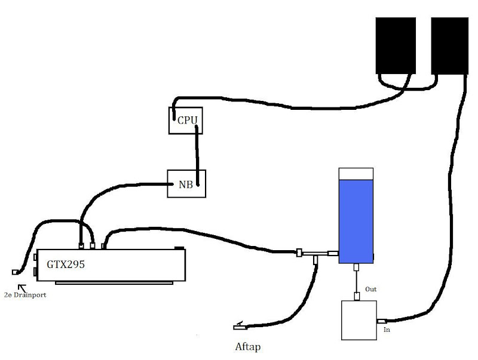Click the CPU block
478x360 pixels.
pyautogui.click(x=186, y=120)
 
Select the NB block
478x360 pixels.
pyautogui.click(x=186, y=184)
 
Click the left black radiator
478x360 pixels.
pyautogui.click(x=395, y=45)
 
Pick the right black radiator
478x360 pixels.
pyautogui.click(x=450, y=45)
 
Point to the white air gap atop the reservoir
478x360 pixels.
pyautogui.click(x=356, y=173)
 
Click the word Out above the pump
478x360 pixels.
pyautogui.click(x=370, y=289)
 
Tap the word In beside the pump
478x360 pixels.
pyautogui.click(x=387, y=329)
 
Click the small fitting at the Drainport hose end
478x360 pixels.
pyautogui.click(x=15, y=272)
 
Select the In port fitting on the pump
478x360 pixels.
pyautogui.click(x=380, y=321)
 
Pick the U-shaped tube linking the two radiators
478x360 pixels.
pyautogui.click(x=405, y=87)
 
